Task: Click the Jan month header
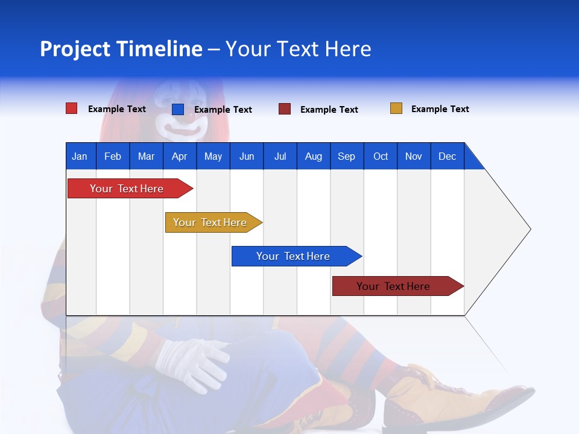click(80, 157)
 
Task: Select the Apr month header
click(180, 157)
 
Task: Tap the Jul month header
click(280, 157)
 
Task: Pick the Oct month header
click(381, 157)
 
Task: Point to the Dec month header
click(447, 157)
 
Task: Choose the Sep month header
click(346, 157)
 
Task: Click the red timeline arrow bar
click(130, 188)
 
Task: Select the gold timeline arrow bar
click(214, 222)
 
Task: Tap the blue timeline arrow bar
click(297, 256)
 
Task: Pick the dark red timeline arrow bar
click(398, 286)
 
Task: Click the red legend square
click(72, 108)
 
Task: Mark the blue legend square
click(178, 109)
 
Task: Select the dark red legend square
click(285, 109)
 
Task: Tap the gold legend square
click(396, 108)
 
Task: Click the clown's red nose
click(189, 118)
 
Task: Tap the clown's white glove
click(192, 365)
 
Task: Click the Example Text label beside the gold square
click(440, 109)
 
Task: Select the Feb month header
click(113, 157)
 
